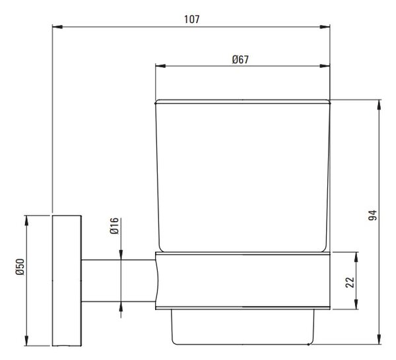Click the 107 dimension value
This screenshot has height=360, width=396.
pos(191,19)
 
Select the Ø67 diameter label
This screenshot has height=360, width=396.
pos(240,59)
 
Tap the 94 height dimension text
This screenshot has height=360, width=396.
pos(372,215)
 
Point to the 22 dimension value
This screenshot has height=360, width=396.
pos(350,282)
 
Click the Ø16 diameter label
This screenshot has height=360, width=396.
pos(114,225)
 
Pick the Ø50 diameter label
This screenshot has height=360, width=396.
pos(20,266)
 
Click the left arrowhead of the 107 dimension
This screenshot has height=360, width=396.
pos(57,27)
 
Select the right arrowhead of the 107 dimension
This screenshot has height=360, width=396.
pos(325,27)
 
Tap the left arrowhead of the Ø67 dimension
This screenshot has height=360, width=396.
pos(160,66)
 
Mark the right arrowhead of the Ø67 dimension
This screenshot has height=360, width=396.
pos(325,66)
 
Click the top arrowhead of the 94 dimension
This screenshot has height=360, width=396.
pos(379,105)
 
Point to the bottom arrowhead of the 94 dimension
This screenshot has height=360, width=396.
pos(379,340)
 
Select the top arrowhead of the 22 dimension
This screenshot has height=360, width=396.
pos(356,257)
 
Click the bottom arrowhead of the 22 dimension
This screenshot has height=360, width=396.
pos(356,304)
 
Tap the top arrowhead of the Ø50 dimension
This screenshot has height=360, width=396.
pos(26,221)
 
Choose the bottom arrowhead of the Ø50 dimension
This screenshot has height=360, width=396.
pos(26,341)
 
